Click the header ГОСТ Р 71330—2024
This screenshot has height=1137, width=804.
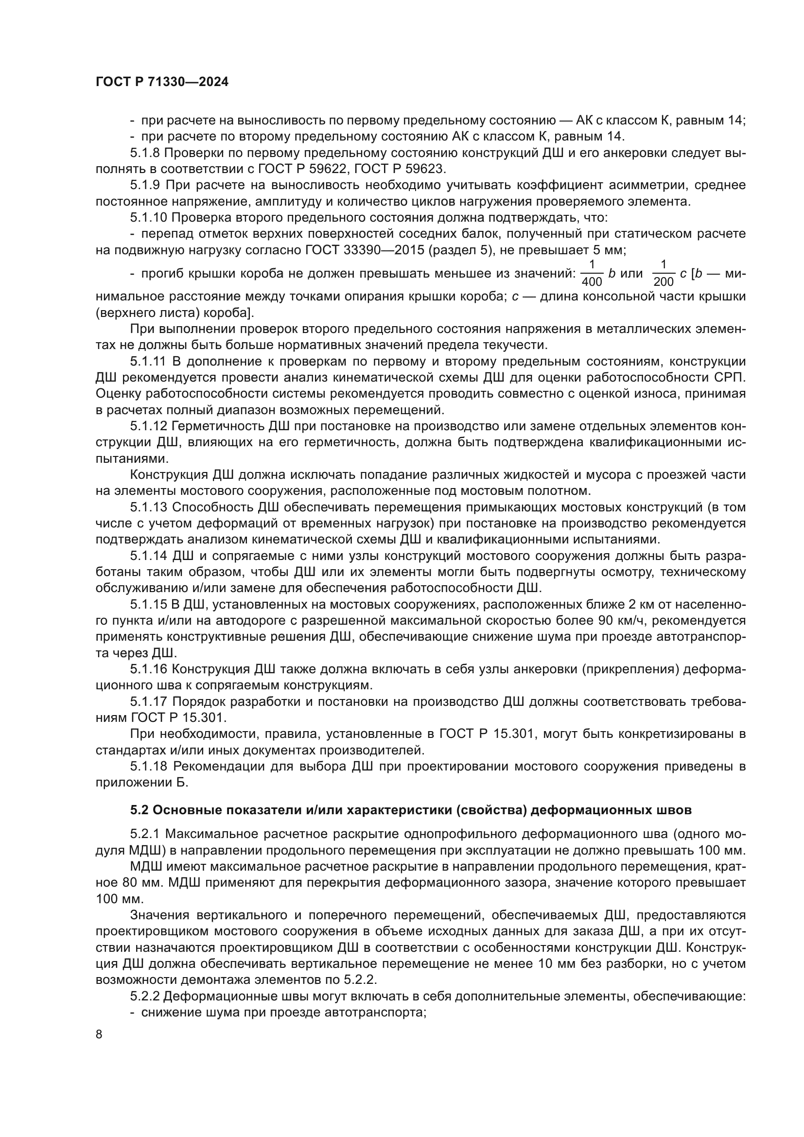point(162,82)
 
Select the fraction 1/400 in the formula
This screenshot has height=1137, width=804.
point(592,273)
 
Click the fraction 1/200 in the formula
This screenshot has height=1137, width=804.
point(664,273)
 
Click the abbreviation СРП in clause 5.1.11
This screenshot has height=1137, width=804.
point(730,378)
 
